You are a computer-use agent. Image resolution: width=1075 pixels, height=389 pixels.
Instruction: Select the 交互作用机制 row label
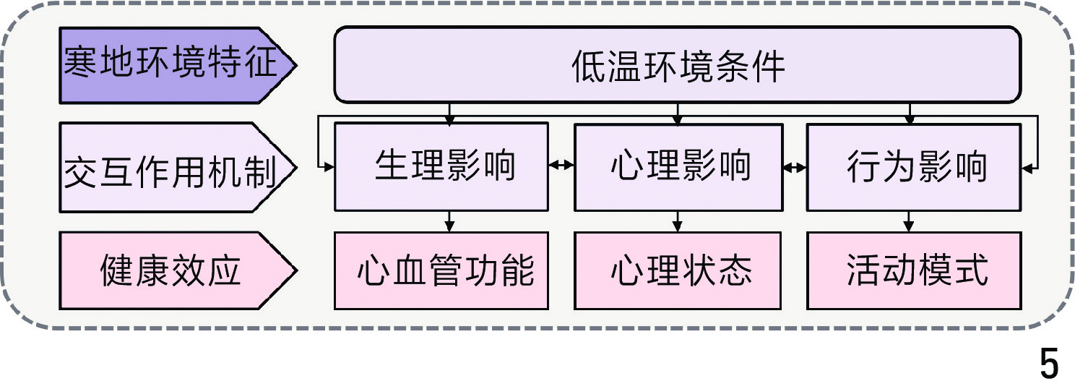point(173,168)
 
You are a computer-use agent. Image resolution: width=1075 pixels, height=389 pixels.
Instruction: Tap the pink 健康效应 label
point(173,270)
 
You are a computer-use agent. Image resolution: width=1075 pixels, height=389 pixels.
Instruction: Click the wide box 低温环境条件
point(678,65)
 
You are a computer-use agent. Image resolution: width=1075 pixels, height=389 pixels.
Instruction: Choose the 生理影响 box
point(441,167)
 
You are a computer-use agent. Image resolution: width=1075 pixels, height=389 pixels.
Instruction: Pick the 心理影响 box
point(678,167)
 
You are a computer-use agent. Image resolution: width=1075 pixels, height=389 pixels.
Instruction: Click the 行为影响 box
point(914,167)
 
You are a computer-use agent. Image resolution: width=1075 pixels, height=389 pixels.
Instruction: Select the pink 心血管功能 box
point(441,270)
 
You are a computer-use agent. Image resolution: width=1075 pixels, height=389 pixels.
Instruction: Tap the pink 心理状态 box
point(678,270)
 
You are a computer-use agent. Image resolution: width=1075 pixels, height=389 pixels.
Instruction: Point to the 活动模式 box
point(914,270)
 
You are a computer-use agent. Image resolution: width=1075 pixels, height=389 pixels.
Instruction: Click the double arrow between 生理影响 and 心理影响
point(561,167)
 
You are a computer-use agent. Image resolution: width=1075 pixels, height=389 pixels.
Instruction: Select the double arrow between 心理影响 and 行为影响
point(795,167)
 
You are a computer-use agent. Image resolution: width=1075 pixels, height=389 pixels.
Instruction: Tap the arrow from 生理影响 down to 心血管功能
point(449,221)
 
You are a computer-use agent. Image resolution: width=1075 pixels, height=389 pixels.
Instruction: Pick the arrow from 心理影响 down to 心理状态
point(678,221)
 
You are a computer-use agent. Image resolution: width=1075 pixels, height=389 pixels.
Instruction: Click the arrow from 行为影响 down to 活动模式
point(910,221)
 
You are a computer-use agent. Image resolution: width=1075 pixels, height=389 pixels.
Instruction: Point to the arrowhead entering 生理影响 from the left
point(329,168)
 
